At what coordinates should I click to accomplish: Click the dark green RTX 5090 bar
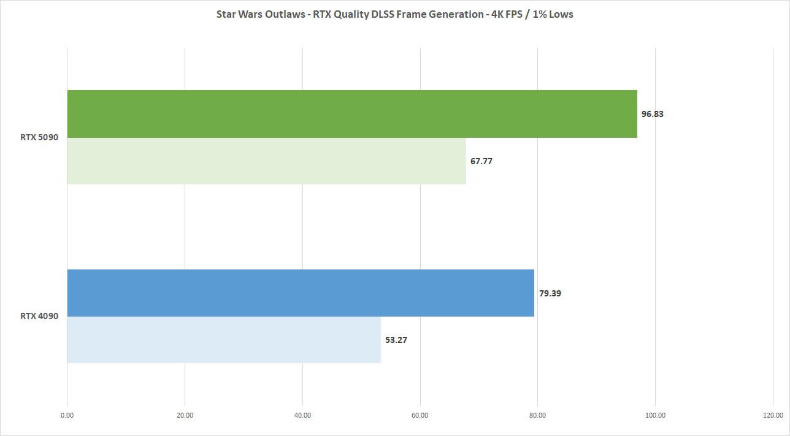(x=351, y=114)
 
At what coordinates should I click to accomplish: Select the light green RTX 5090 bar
(x=266, y=161)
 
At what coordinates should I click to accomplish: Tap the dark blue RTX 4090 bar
(x=301, y=293)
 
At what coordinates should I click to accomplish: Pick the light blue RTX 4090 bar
(x=224, y=340)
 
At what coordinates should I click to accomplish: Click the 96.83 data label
(x=653, y=114)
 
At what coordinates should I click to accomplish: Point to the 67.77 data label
(x=481, y=162)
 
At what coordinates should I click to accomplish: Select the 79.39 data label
(x=550, y=293)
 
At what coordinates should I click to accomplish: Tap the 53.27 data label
(x=396, y=340)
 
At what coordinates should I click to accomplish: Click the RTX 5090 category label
(x=39, y=137)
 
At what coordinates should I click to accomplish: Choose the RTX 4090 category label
(x=39, y=317)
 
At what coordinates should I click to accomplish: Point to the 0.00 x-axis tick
(x=67, y=415)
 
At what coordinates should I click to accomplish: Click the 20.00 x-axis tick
(x=185, y=415)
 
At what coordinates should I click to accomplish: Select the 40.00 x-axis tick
(x=302, y=415)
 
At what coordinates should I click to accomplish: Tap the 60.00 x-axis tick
(x=420, y=415)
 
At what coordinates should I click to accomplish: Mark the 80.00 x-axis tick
(x=537, y=415)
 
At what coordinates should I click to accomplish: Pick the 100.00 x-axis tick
(x=655, y=415)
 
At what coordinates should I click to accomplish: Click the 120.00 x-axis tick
(x=773, y=415)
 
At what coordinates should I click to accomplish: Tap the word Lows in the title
(x=561, y=14)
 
